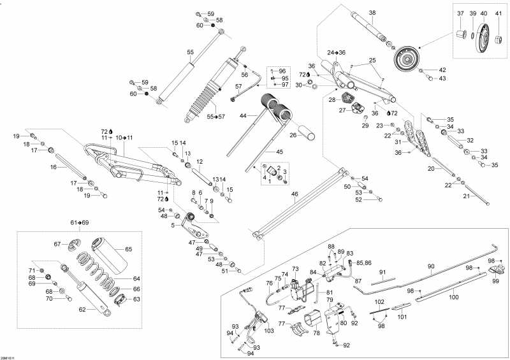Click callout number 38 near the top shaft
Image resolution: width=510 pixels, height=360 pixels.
372,13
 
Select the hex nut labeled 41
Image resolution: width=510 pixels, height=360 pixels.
497,41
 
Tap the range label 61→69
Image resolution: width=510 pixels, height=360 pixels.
80,222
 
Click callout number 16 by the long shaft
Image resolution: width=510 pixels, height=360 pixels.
54,168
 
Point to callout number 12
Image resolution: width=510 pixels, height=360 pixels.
199,161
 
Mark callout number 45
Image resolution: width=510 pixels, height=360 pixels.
279,152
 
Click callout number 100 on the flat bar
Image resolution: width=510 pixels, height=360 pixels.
453,297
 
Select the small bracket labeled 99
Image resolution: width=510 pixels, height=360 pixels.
495,271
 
